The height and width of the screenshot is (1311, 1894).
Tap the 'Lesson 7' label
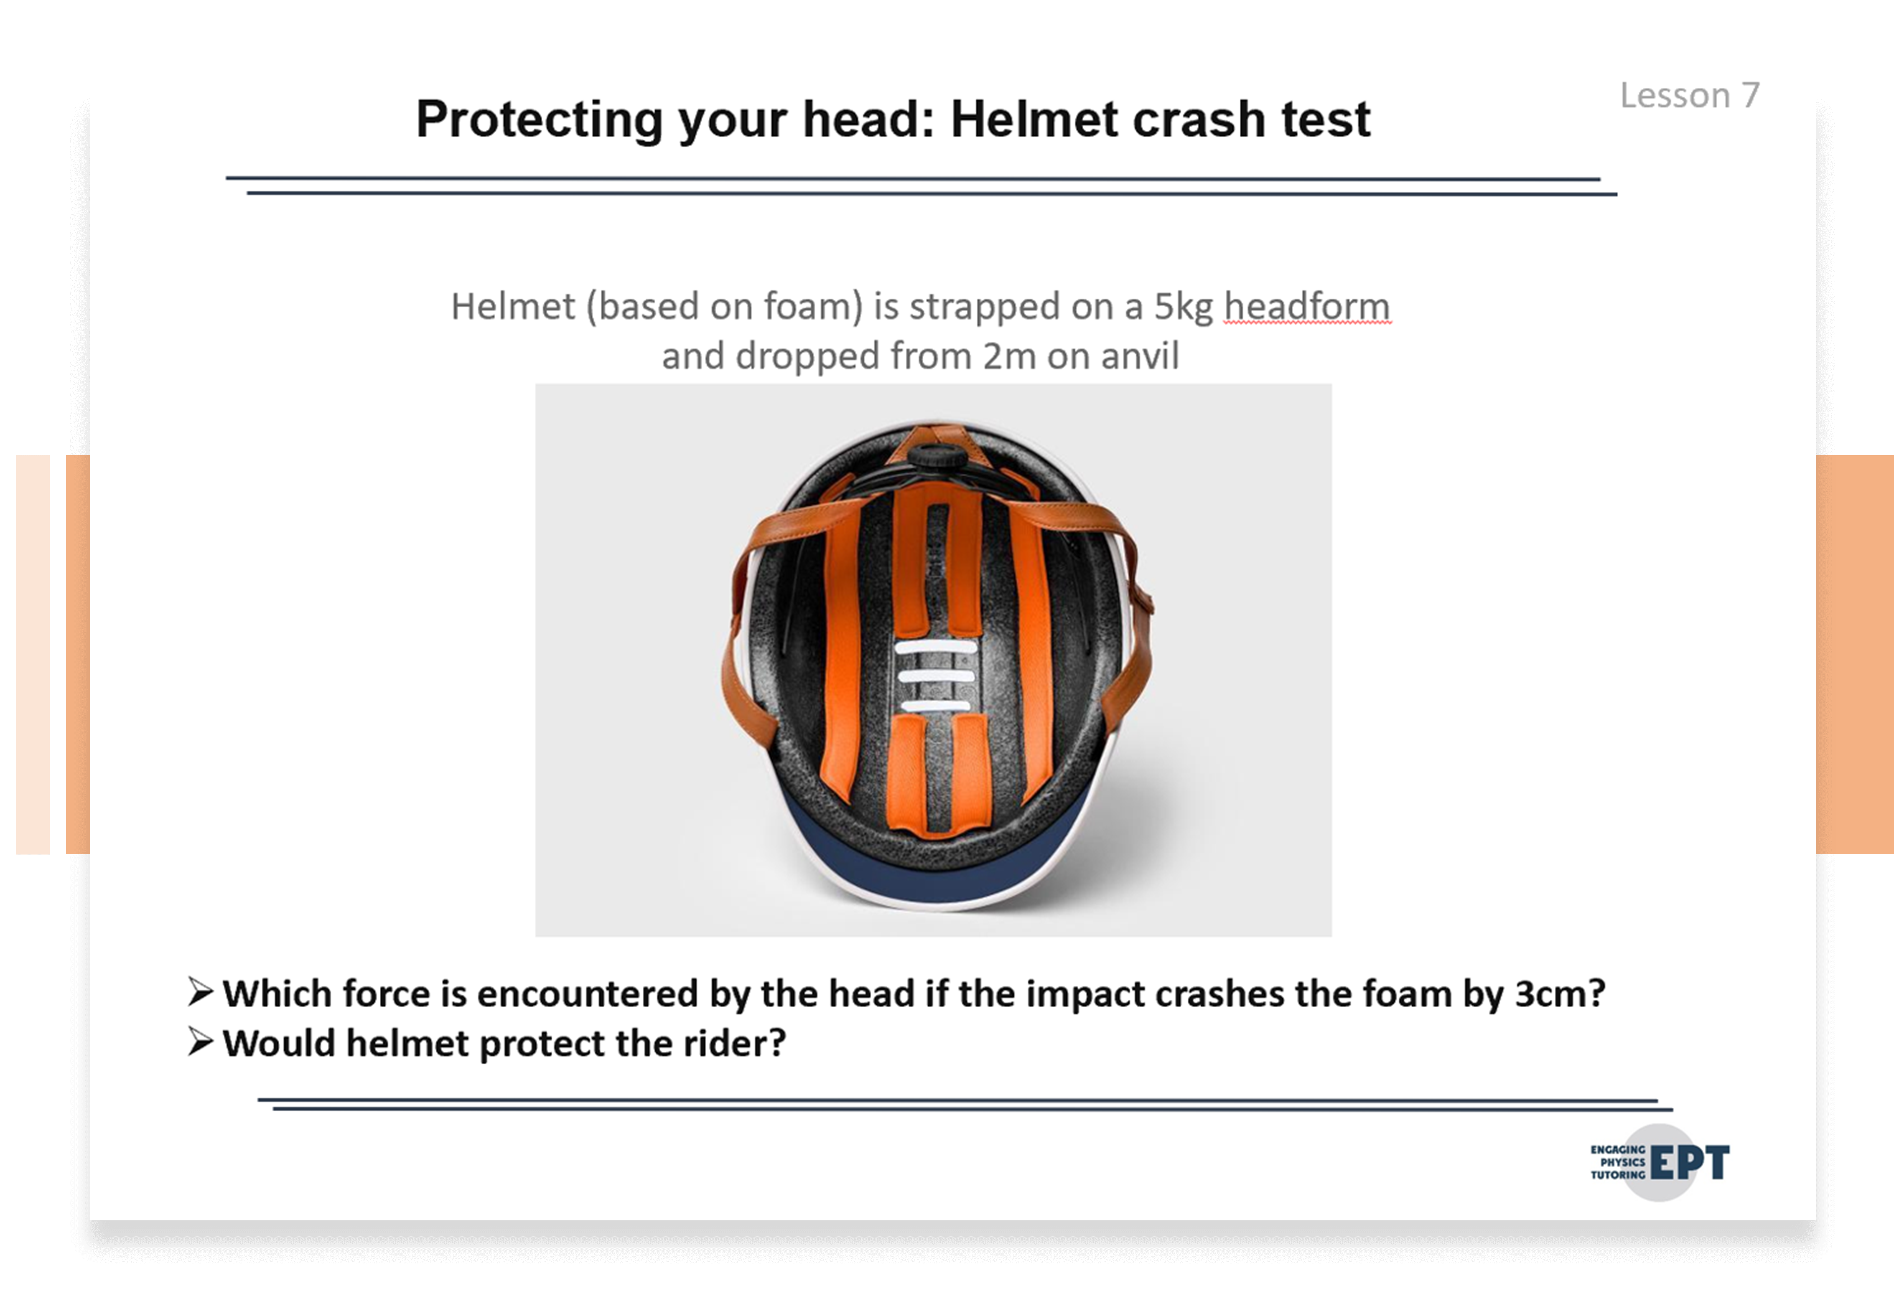(1690, 95)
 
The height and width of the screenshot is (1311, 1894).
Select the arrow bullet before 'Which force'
(200, 992)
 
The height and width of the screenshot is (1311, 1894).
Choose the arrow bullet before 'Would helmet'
(200, 1042)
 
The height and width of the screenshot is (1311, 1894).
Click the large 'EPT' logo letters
(1690, 1162)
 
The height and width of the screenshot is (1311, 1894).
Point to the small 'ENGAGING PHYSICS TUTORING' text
(1618, 1162)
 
